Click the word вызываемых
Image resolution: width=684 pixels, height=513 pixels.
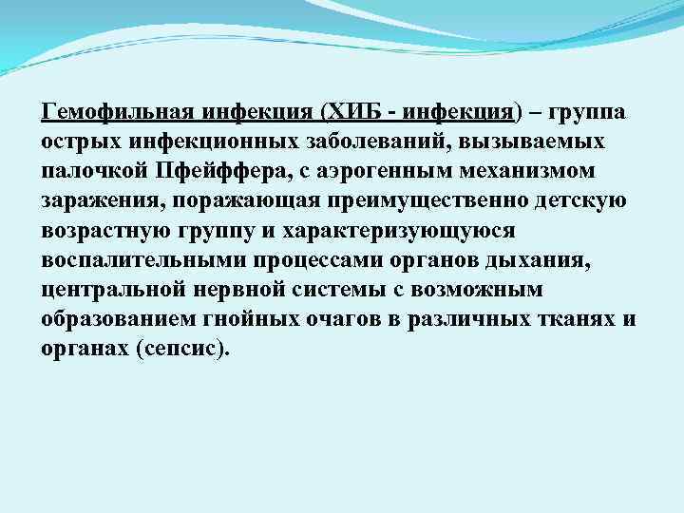pyautogui.click(x=539, y=143)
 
